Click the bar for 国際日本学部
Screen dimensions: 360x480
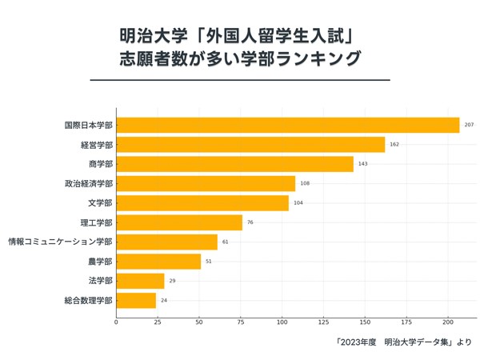(288, 125)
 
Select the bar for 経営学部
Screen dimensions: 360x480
(250, 145)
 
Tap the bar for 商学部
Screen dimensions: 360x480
(234, 164)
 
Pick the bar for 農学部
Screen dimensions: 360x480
(158, 262)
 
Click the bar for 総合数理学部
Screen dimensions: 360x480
(136, 301)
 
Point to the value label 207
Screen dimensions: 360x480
(470, 125)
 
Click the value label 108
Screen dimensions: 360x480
(305, 184)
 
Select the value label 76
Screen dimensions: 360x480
(250, 222)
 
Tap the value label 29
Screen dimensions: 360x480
(172, 281)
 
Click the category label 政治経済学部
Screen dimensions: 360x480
(89, 184)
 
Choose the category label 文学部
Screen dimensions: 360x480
(100, 203)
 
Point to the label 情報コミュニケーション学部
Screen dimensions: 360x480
(61, 242)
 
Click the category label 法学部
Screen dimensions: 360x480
(100, 281)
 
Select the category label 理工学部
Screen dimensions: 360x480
(97, 222)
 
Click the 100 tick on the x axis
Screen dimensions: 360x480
(282, 322)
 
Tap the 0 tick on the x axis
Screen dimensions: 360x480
(116, 322)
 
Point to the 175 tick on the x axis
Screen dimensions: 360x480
(406, 322)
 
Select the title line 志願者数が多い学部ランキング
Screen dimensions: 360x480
(239, 59)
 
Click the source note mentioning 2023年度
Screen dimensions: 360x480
(404, 343)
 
